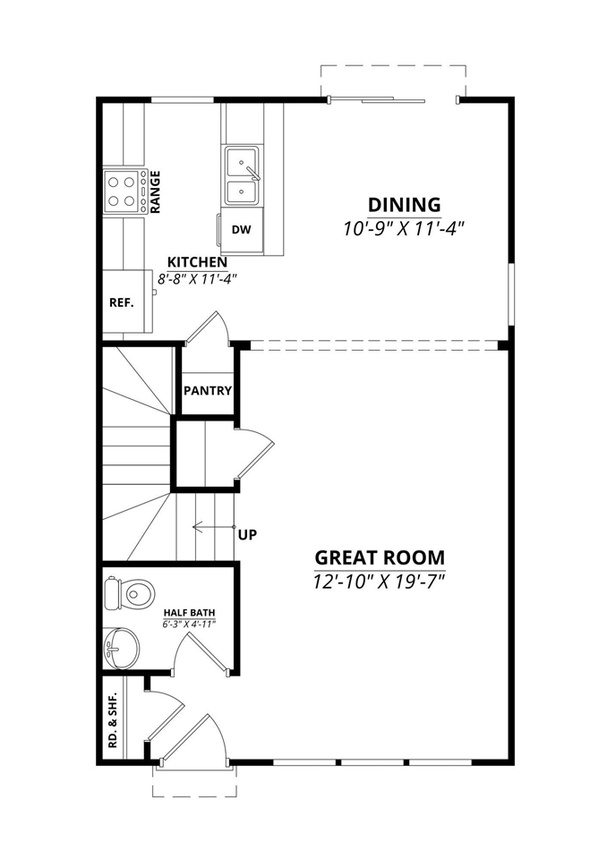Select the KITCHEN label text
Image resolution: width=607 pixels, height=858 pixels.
(197, 262)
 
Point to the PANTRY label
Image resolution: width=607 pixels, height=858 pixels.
(208, 391)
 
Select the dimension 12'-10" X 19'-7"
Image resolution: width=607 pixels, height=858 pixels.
(379, 582)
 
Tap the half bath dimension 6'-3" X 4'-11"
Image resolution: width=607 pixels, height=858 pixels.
(189, 624)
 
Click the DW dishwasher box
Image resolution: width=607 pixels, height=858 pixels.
(241, 229)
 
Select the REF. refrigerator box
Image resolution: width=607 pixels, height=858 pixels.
(122, 302)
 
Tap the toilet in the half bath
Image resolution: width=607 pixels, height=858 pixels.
(131, 591)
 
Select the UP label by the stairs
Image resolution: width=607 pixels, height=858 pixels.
(248, 535)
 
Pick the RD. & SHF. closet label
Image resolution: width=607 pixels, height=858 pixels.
(113, 724)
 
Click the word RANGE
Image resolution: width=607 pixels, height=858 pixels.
(155, 191)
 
